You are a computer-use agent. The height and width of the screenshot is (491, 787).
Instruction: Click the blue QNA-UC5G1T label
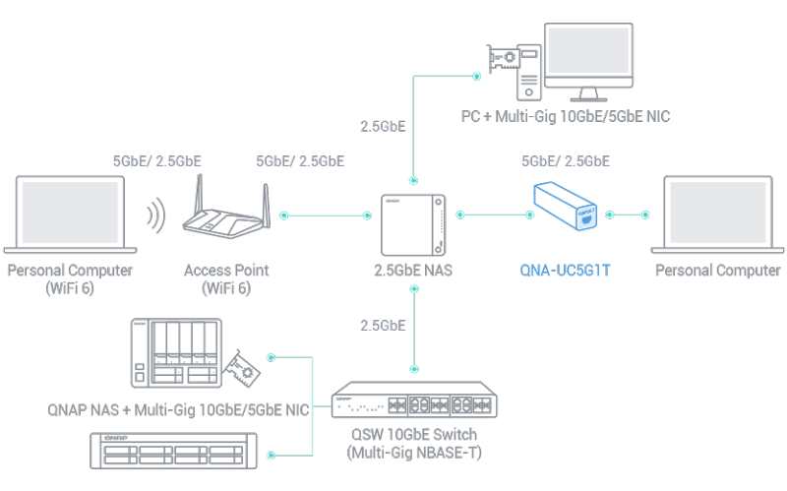565,271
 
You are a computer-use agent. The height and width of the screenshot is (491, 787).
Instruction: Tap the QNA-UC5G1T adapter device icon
565,206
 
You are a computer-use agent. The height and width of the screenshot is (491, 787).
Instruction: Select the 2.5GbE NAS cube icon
413,225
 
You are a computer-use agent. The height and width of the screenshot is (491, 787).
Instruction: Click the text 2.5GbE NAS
413,271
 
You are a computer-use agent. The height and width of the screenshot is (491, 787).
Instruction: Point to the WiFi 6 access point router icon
226,210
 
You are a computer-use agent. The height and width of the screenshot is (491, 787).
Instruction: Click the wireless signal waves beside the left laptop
156,215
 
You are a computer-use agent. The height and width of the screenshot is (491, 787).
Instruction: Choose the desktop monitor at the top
588,62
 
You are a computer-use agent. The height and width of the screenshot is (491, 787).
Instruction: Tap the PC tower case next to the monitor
529,73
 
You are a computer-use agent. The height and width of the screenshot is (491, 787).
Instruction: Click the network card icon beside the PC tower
503,60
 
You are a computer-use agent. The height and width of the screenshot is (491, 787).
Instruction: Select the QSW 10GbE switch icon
414,400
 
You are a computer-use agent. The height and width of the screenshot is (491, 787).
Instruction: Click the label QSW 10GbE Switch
414,434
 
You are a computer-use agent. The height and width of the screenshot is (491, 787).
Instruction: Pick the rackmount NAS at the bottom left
173,451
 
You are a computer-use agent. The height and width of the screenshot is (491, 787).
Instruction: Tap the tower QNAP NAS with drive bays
176,353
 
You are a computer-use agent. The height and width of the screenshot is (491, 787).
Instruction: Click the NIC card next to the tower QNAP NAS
241,368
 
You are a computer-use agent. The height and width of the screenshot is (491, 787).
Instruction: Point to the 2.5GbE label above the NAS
383,126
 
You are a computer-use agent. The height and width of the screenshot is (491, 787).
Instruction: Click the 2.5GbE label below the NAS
383,326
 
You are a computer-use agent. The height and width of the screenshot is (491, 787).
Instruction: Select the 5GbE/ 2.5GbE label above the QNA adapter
566,161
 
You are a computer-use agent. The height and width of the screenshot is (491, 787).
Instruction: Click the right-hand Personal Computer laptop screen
718,212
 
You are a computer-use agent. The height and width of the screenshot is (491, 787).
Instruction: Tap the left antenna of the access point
200,198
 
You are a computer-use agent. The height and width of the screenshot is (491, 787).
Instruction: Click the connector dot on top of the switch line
414,369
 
